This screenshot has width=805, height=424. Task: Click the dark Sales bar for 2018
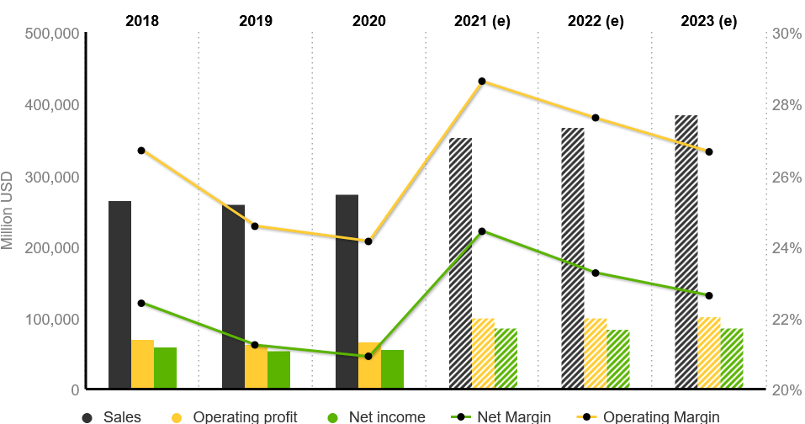119,294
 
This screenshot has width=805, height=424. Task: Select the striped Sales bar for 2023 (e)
686,252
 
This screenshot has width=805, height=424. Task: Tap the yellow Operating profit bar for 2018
142,364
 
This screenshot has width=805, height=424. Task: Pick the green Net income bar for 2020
392,369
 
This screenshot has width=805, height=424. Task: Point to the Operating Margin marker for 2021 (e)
482,82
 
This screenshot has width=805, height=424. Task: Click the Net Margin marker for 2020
368,356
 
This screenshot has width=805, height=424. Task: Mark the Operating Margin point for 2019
255,226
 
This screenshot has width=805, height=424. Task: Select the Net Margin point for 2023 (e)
709,295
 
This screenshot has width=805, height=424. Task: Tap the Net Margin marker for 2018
141,303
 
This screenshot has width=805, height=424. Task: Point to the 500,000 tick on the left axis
53,34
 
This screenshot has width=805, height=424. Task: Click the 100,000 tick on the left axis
53,319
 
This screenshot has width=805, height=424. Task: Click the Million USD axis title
8,210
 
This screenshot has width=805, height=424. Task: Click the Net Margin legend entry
513,416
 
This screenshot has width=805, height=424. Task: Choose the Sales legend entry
122,416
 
